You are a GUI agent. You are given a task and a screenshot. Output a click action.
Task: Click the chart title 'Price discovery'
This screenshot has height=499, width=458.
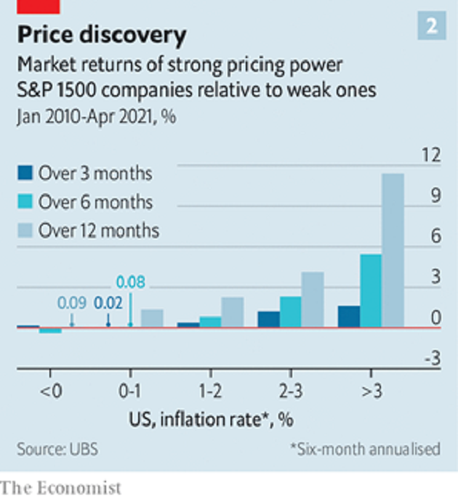[x=102, y=34]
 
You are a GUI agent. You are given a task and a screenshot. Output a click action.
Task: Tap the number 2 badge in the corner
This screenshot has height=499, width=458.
[x=431, y=27]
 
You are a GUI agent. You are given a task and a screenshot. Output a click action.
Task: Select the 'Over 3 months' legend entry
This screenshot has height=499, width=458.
[x=86, y=174]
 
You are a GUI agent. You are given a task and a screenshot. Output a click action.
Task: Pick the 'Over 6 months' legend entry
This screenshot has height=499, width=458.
[x=86, y=202]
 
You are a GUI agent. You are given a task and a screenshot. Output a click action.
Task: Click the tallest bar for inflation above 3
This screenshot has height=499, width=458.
[x=393, y=251]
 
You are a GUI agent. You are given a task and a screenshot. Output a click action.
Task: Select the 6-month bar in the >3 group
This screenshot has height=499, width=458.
[x=371, y=291]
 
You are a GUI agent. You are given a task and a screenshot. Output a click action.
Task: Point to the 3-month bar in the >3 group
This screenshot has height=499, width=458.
[x=349, y=317]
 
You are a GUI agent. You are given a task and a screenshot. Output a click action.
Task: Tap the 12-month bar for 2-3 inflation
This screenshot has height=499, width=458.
[x=313, y=299]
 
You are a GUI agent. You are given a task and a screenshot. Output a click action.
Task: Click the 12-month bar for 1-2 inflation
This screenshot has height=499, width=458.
[x=233, y=312]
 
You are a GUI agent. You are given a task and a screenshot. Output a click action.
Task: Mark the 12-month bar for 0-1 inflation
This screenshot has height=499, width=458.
[x=152, y=318]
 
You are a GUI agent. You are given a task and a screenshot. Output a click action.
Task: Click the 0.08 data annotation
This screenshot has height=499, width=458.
[x=131, y=283]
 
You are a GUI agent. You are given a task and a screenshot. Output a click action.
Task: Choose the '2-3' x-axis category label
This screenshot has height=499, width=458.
[x=290, y=392]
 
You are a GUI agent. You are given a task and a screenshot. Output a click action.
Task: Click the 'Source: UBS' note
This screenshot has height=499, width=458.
[x=52, y=448]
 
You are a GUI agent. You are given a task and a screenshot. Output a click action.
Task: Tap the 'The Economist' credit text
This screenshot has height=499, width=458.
[x=61, y=486]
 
